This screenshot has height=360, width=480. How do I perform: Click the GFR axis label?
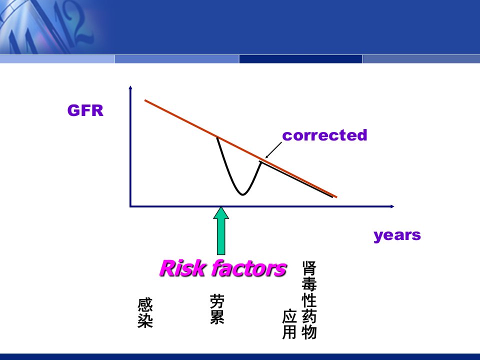[85, 110]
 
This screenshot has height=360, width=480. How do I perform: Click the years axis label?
[397, 235]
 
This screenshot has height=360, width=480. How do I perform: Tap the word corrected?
[324, 135]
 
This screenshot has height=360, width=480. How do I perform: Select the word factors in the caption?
[249, 268]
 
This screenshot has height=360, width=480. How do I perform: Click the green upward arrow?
[220, 231]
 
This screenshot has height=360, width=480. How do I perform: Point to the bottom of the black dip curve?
[242, 194]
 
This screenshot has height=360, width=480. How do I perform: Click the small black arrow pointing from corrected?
[273, 150]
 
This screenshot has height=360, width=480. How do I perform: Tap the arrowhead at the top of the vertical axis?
[130, 87]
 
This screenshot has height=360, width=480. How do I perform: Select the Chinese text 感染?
[145, 313]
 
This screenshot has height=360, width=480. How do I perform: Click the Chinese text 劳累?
[217, 309]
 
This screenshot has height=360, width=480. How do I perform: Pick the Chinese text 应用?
[289, 324]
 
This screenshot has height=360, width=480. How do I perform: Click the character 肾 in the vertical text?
[309, 268]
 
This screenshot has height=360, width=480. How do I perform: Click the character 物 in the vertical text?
[309, 332]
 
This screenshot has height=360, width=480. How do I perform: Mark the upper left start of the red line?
[145, 100]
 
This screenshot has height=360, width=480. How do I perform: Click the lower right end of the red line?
[336, 197]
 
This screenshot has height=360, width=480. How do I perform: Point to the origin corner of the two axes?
[130, 206]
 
